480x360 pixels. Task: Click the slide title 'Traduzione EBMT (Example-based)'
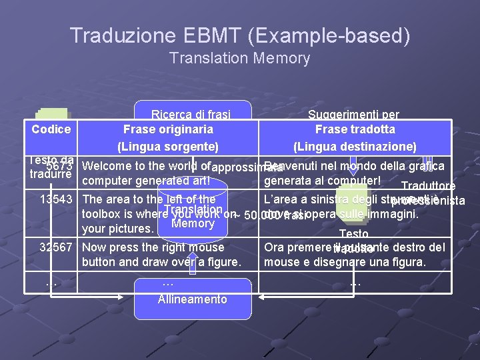click(240, 35)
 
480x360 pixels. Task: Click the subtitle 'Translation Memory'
click(240, 59)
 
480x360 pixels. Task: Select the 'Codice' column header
click(51, 129)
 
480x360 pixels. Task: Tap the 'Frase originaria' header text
click(168, 129)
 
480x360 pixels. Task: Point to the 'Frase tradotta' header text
click(355, 129)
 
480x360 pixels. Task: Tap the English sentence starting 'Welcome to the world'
click(147, 166)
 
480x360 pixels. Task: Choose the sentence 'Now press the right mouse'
click(153, 247)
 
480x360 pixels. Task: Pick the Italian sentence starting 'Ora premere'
click(354, 247)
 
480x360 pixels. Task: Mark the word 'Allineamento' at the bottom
click(192, 299)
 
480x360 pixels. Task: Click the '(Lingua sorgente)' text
click(168, 146)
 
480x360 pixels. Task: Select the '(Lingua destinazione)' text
click(355, 146)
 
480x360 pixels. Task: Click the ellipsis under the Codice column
click(51, 283)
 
